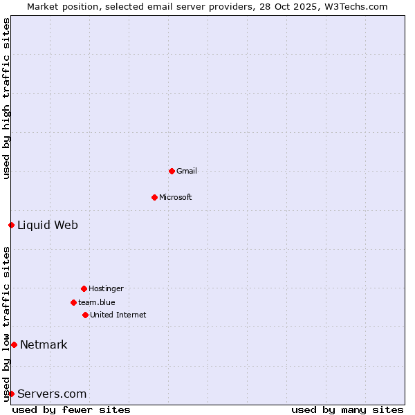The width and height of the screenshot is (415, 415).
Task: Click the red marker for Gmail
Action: click(172, 171)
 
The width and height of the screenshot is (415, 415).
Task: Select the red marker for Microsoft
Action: click(154, 197)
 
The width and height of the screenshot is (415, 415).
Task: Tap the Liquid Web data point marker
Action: click(11, 225)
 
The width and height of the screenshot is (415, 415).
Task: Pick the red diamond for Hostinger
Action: click(84, 288)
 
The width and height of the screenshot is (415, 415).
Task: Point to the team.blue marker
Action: click(73, 302)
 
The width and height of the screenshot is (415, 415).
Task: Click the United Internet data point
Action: click(85, 315)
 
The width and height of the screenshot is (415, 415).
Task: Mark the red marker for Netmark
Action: click(14, 344)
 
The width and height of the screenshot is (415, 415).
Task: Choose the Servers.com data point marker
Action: click(11, 394)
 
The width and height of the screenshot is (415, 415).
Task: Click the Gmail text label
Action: click(187, 171)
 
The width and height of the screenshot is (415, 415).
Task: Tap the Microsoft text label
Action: click(176, 197)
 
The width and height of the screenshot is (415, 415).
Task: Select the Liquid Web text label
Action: click(48, 225)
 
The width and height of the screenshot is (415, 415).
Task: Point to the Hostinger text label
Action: click(106, 288)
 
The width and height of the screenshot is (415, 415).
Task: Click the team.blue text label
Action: click(97, 302)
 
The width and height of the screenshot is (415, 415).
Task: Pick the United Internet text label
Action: click(118, 315)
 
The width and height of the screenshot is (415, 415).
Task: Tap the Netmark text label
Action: click(44, 344)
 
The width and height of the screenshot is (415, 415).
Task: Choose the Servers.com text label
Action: click(52, 394)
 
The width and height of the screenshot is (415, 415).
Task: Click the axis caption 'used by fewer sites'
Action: click(71, 409)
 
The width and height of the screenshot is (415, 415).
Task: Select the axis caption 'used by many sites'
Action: click(347, 409)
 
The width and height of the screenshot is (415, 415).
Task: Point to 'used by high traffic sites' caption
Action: click(6, 98)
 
